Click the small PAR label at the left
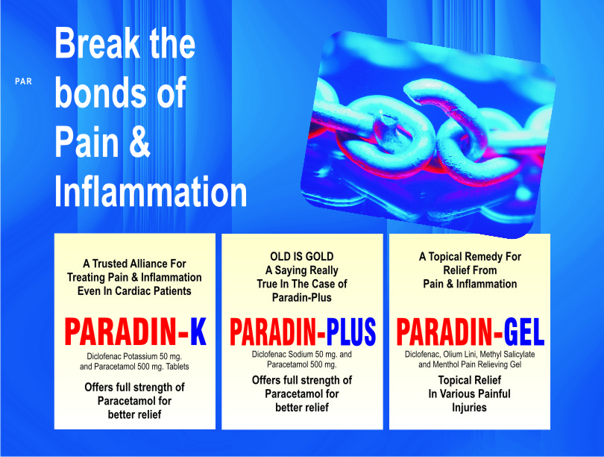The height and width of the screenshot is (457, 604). pos(23,81)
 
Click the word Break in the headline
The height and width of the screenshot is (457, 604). pos(97,43)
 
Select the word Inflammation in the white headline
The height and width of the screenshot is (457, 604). pos(151,191)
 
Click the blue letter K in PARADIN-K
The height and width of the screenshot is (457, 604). pos(198,332)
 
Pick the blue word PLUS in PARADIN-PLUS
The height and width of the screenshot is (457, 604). pos(351,332)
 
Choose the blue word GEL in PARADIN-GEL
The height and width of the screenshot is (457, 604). pos(524,332)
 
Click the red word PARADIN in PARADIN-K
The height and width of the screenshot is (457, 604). pos(122,332)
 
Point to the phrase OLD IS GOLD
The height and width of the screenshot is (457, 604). pos(301,256)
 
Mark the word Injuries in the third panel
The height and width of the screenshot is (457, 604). pos(469,408)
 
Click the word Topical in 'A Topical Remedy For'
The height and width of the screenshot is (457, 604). pos(446,257)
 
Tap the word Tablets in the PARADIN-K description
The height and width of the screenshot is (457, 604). pos(177,367)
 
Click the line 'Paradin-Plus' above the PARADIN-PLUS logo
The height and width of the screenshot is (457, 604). pos(301,297)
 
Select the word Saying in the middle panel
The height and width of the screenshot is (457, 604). pos(291,271)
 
